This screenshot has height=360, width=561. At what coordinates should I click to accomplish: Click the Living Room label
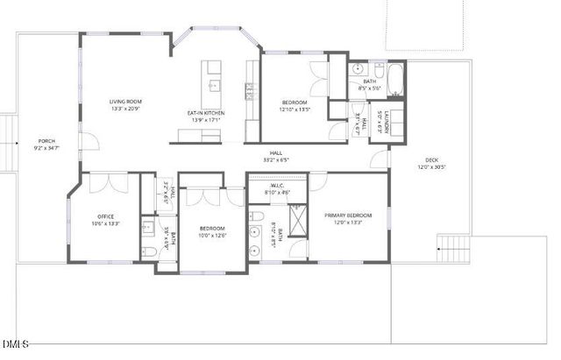tap(125, 102)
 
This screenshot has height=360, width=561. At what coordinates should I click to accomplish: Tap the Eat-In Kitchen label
tap(207, 114)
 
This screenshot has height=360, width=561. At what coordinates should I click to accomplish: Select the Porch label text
tap(46, 141)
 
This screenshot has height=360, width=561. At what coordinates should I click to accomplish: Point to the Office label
tap(106, 216)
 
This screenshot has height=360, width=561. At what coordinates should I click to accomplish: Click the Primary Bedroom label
tap(348, 215)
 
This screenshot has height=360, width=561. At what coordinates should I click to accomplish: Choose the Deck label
tap(432, 159)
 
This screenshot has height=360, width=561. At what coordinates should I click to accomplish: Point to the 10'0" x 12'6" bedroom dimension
tap(211, 235)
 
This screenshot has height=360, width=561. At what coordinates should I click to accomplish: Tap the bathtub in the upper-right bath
tap(395, 80)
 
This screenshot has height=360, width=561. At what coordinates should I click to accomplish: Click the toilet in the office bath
tap(149, 251)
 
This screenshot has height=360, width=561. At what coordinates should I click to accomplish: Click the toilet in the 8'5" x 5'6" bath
tap(359, 70)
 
